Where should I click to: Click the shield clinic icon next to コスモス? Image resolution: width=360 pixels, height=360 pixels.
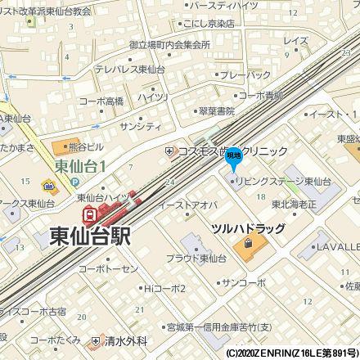pyautogui.click(x=169, y=151)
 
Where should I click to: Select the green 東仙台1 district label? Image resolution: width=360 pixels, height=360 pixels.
pyautogui.click(x=87, y=166)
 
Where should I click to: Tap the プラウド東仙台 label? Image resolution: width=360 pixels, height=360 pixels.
pyautogui.click(x=200, y=258)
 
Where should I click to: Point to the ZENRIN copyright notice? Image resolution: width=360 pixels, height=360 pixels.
pyautogui.click(x=291, y=353)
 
